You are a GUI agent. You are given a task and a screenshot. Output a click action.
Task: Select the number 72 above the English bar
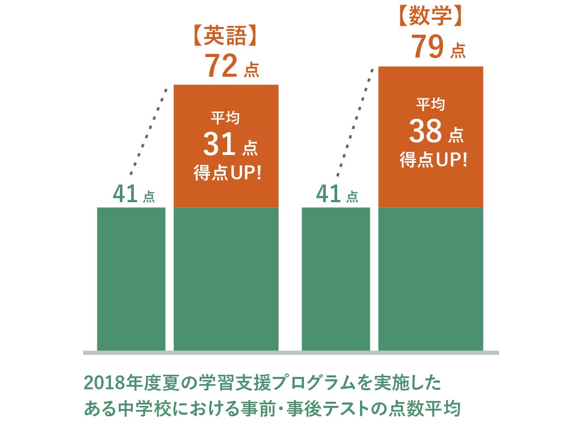222,66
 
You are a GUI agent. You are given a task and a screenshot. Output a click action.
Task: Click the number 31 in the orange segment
220,145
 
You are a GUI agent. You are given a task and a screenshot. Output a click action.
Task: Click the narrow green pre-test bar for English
131,279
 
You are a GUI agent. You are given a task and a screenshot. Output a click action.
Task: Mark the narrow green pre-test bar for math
336,279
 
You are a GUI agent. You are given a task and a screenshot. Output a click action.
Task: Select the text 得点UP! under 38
433,160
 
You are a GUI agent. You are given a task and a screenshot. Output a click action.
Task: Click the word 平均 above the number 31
225,119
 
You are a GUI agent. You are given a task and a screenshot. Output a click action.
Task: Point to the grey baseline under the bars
290,353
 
